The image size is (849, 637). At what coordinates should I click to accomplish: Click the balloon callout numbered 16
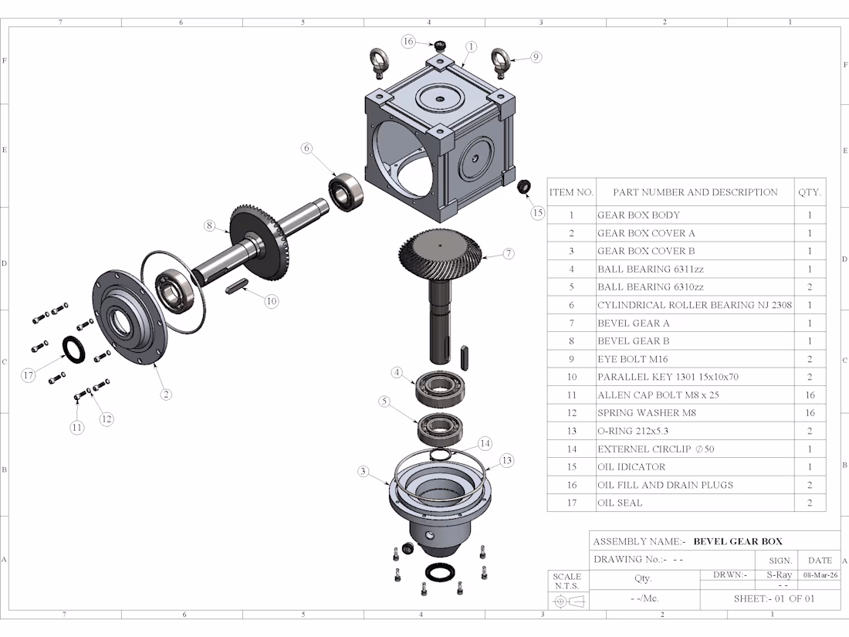click(408, 41)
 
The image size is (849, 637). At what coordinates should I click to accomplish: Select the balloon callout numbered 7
click(508, 253)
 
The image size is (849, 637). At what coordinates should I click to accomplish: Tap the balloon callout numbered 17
click(29, 375)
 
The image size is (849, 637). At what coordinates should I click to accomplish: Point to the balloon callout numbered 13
click(506, 461)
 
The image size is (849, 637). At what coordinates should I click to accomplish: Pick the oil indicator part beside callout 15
click(523, 186)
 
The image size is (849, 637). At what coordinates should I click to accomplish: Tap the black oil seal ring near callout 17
click(73, 348)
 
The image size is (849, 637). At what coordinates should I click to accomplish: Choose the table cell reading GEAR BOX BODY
click(638, 215)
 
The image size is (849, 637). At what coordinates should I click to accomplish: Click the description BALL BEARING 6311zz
click(650, 269)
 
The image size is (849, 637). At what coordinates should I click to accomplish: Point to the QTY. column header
click(810, 192)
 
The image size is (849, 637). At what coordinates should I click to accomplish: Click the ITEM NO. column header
click(571, 192)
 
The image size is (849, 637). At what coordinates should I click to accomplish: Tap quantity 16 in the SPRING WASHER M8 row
click(810, 413)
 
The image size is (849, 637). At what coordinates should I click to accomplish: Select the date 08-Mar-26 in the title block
click(820, 575)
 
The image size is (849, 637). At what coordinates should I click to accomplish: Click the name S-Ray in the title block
click(780, 575)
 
